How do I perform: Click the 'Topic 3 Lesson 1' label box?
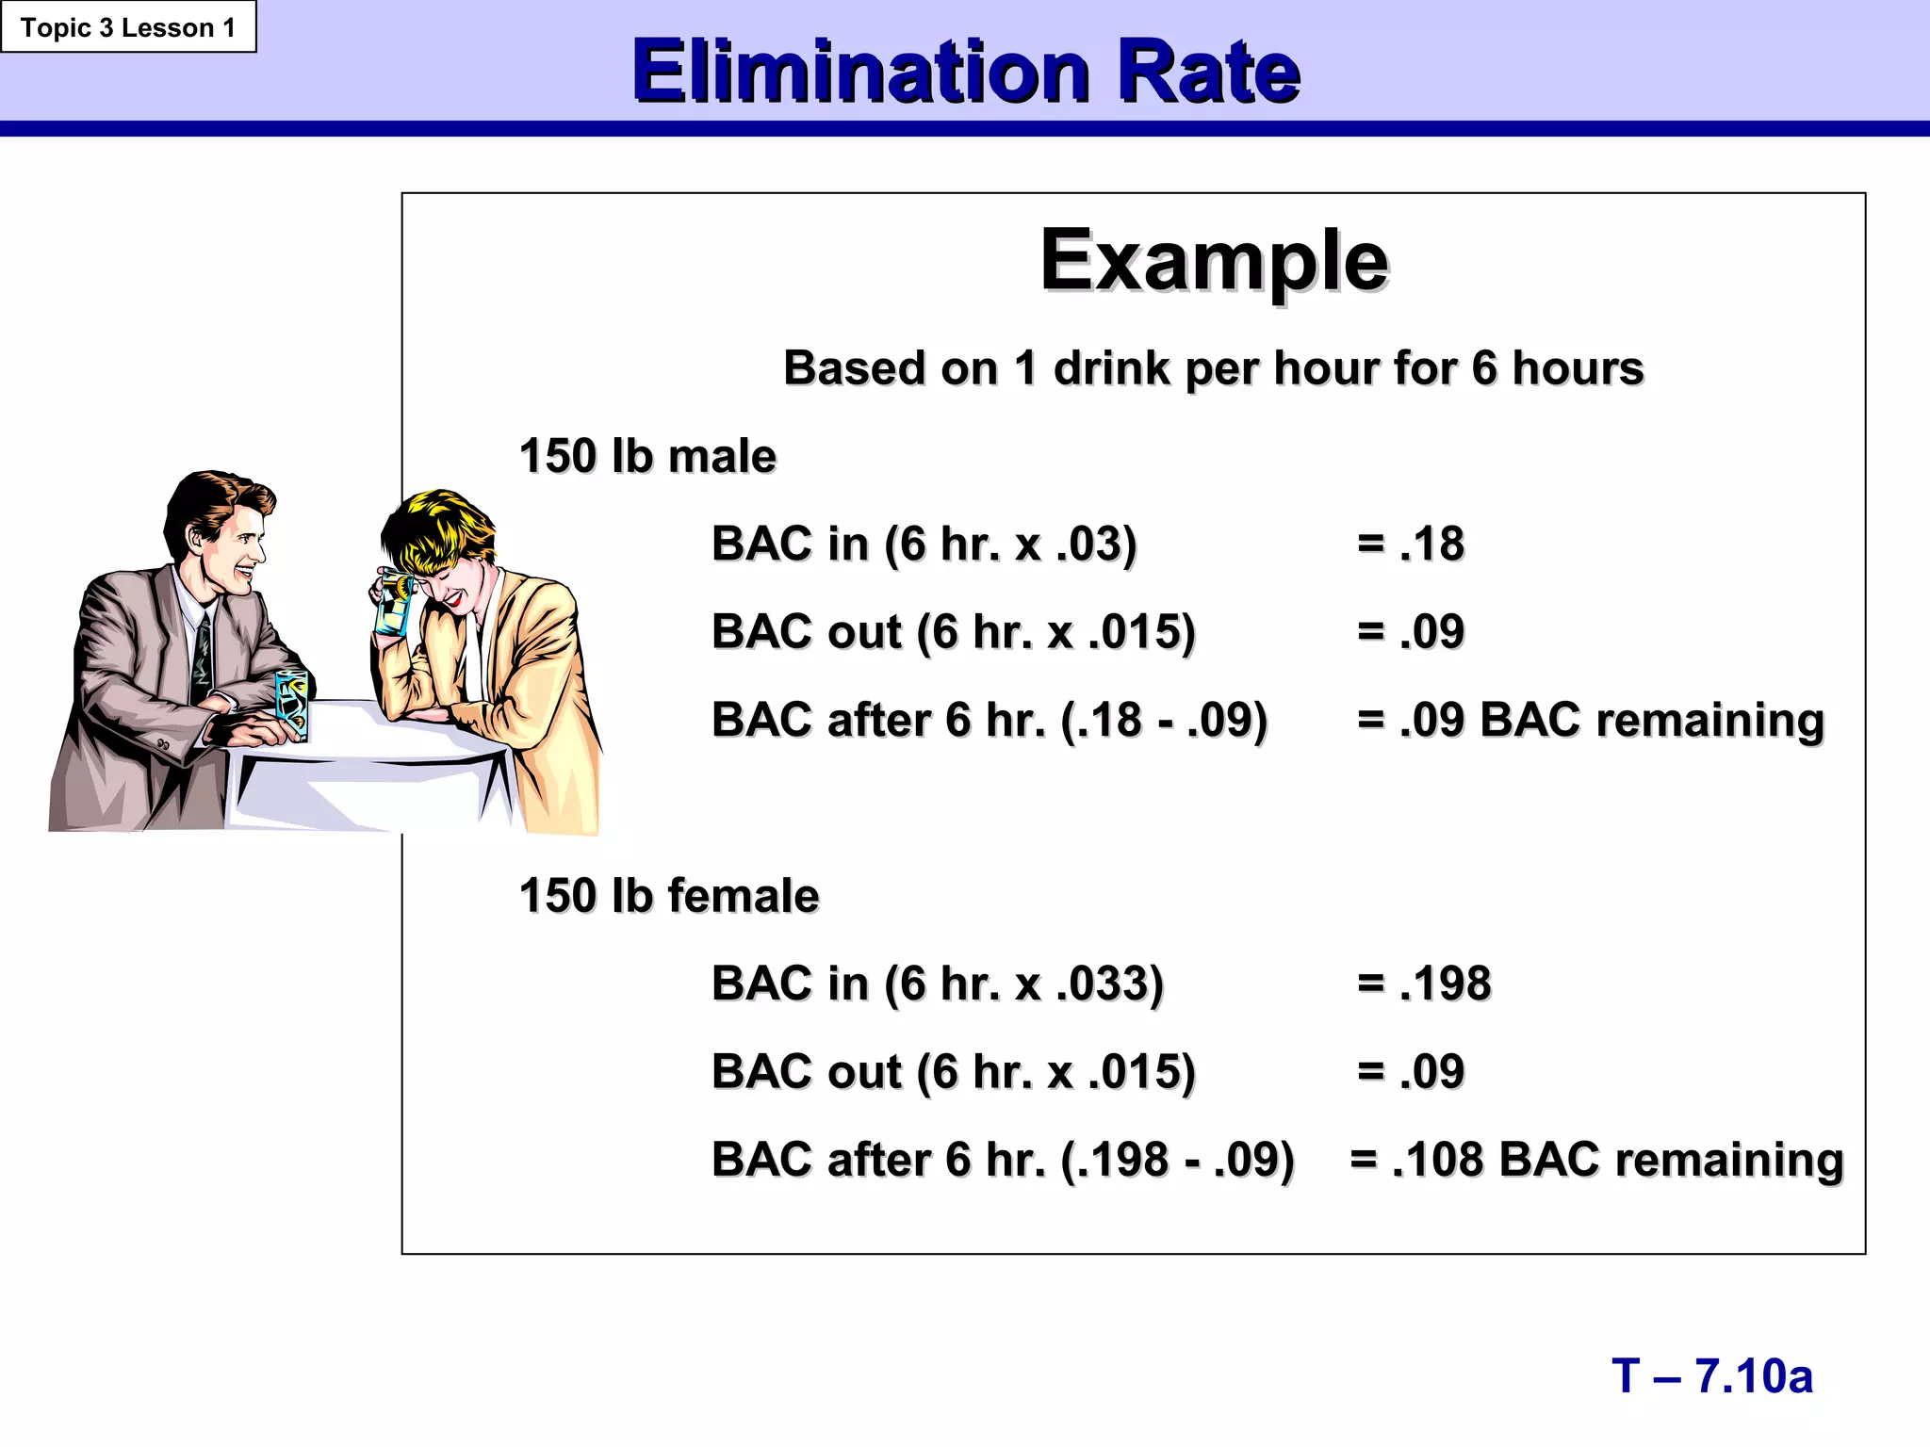click(x=128, y=27)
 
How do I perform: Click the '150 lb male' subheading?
click(x=647, y=457)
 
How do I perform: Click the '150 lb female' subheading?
click(x=669, y=896)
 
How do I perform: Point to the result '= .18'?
click(x=1411, y=545)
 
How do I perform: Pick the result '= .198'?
click(x=1424, y=984)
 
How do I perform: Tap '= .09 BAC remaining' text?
click(x=1591, y=721)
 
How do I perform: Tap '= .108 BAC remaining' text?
click(x=1596, y=1160)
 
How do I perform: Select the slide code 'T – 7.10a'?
click(x=1711, y=1376)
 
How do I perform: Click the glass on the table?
click(x=292, y=703)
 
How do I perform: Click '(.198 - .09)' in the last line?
click(x=1177, y=1160)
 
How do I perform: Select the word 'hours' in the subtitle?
click(x=1578, y=368)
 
